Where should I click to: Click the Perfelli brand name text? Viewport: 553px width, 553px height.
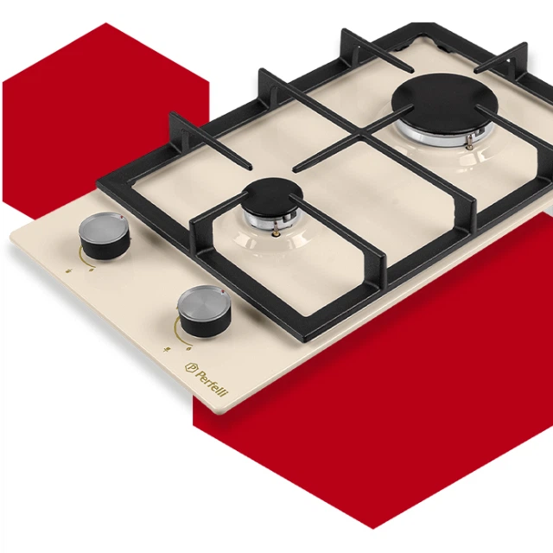(212, 384)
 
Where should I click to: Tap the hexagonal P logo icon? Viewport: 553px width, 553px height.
(191, 368)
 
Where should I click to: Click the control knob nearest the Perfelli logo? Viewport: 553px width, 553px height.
(204, 308)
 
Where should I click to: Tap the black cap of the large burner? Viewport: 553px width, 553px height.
(445, 99)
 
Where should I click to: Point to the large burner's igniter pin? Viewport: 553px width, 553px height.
(469, 143)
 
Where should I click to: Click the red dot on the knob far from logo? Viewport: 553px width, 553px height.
(121, 218)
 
